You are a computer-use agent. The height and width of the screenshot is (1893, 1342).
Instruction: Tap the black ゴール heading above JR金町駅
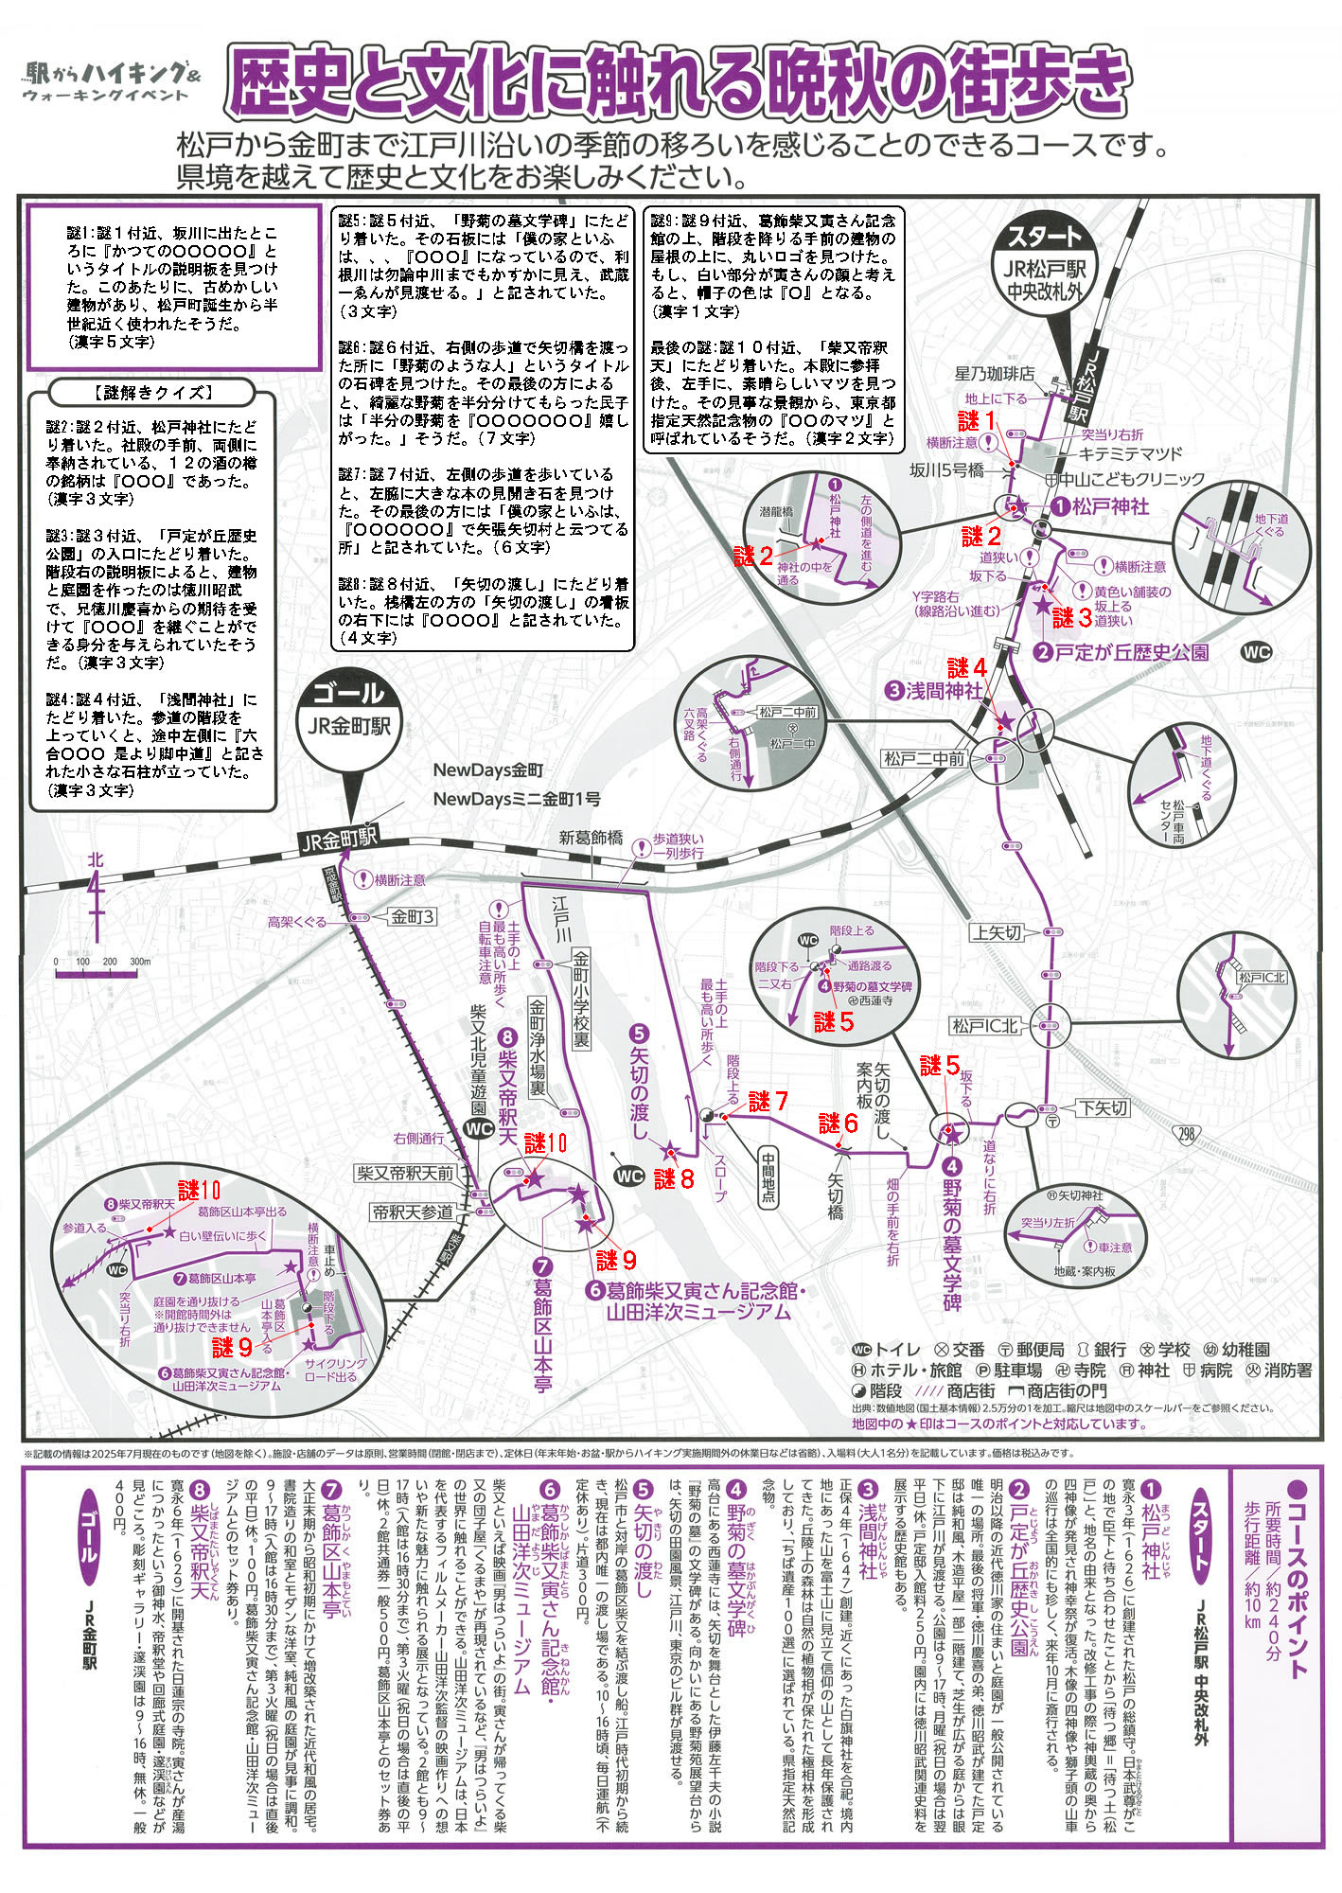tap(348, 693)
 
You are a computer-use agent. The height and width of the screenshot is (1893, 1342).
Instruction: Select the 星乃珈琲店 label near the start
tap(995, 374)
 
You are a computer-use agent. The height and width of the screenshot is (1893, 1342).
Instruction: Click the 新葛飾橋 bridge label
tap(591, 837)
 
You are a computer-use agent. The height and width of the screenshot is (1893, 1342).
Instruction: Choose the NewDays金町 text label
tap(488, 770)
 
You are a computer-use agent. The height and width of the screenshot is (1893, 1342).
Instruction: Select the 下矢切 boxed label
tap(1103, 1108)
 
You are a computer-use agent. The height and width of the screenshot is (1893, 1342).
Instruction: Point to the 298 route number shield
tap(1187, 1131)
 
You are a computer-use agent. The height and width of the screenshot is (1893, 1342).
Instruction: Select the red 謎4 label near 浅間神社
tap(966, 668)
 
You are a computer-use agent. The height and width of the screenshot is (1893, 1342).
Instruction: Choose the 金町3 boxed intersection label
tap(413, 917)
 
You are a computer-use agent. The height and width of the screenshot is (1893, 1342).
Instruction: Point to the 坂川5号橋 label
tap(945, 469)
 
